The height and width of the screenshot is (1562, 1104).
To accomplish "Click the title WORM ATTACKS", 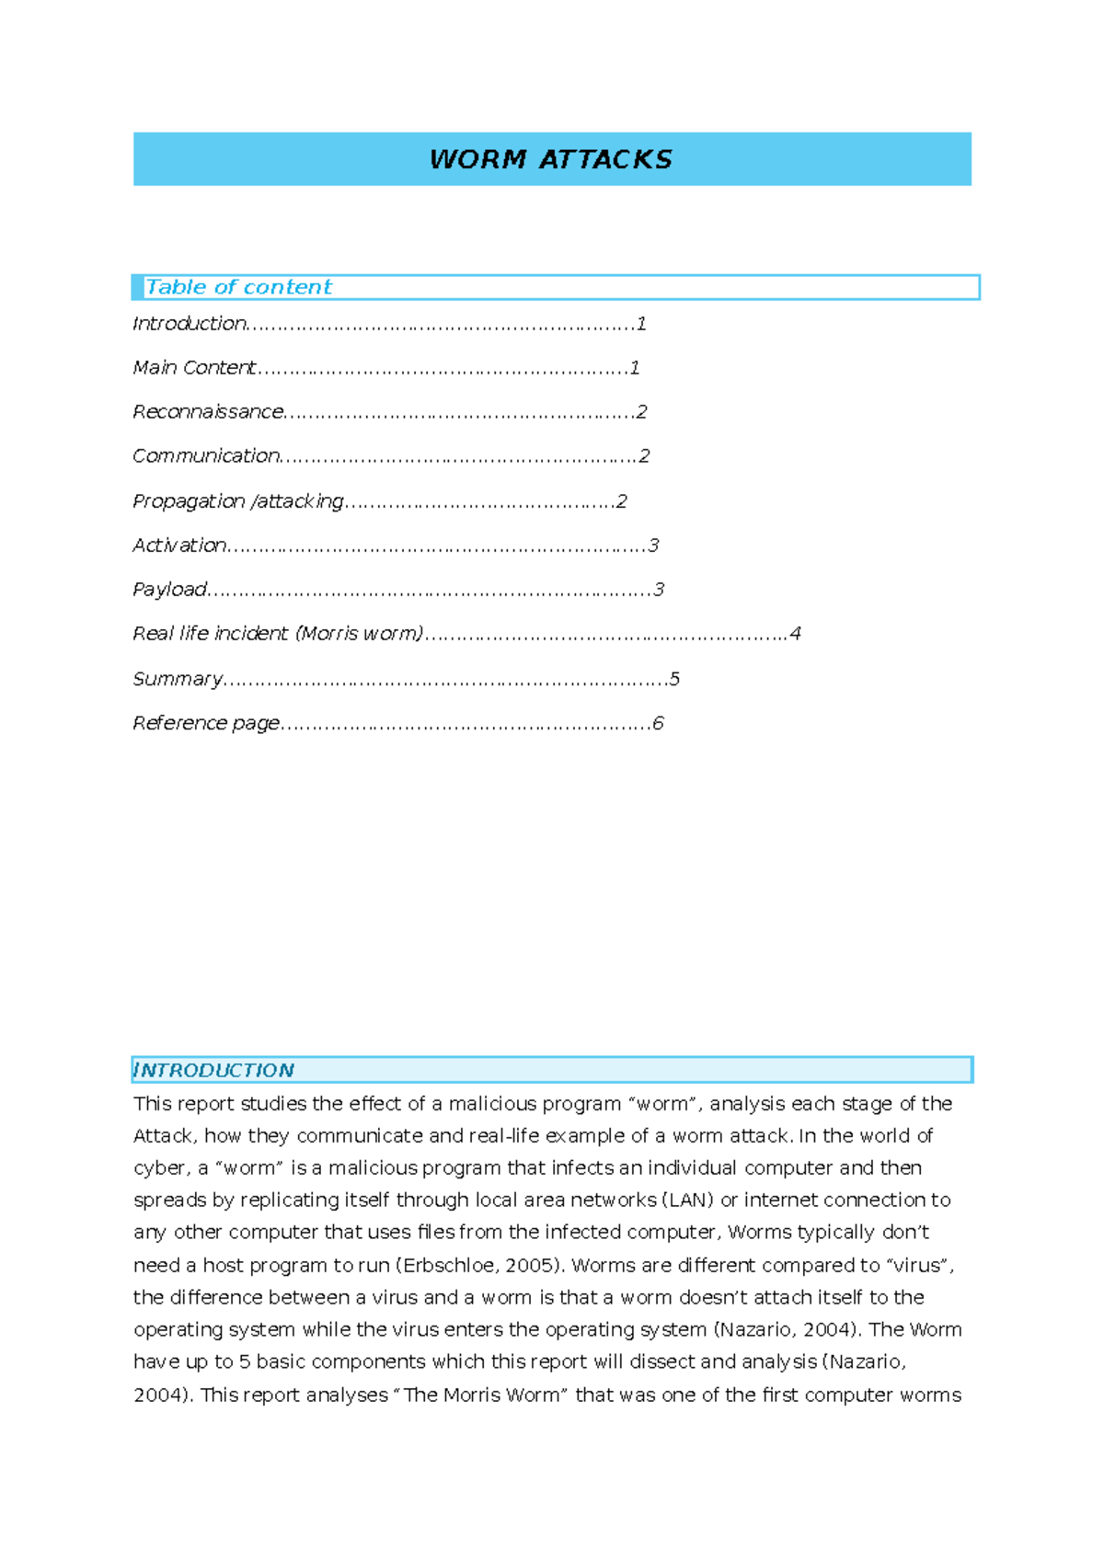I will pyautogui.click(x=550, y=159).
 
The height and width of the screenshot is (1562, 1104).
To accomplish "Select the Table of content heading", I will pyautogui.click(x=238, y=287).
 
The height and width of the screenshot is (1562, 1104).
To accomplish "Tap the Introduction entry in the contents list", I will pyautogui.click(x=190, y=323).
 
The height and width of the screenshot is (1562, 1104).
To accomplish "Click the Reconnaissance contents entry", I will pyautogui.click(x=208, y=411).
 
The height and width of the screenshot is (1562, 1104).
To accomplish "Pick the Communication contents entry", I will pyautogui.click(x=206, y=455).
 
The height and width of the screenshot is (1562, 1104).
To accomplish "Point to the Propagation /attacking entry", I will pyautogui.click(x=237, y=500).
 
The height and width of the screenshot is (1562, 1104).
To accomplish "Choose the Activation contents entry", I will pyautogui.click(x=179, y=545).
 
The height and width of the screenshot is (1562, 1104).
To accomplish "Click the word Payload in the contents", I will pyautogui.click(x=170, y=589).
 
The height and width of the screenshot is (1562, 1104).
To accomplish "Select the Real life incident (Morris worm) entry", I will pyautogui.click(x=278, y=633).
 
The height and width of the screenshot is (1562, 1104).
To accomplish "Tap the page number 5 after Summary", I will pyautogui.click(x=674, y=679).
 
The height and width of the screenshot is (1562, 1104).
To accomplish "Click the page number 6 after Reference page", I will pyautogui.click(x=658, y=723).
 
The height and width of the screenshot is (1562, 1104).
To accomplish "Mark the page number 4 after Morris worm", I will pyautogui.click(x=795, y=633).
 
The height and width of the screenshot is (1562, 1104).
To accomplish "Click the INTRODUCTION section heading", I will pyautogui.click(x=213, y=1070).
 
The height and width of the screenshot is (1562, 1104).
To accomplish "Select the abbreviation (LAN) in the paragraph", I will pyautogui.click(x=688, y=1200).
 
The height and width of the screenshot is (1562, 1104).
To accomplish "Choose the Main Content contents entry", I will pyautogui.click(x=194, y=367).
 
